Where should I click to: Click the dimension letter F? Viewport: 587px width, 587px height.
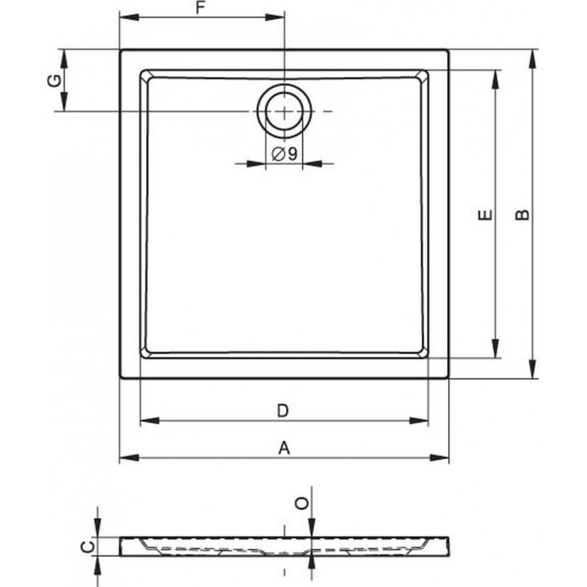[201, 8]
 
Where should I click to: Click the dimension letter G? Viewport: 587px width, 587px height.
[55, 81]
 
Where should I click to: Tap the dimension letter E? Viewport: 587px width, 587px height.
[486, 215]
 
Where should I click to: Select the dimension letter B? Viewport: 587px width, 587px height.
[522, 214]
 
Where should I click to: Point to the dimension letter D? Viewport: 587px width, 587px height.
[283, 411]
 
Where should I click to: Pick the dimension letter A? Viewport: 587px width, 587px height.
[284, 448]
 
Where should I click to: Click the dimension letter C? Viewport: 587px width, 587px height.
[89, 547]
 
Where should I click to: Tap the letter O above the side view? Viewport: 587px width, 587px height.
[302, 503]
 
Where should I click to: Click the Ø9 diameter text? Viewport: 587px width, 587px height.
[284, 153]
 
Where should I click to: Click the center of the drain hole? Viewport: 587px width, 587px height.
[284, 112]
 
